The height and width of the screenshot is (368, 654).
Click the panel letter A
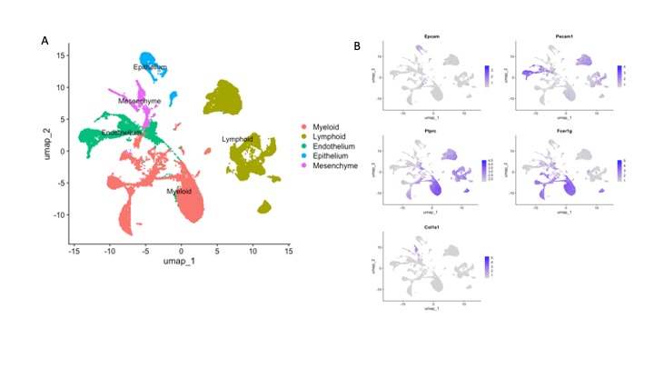tap(44, 41)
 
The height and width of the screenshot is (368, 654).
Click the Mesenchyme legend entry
tap(335, 166)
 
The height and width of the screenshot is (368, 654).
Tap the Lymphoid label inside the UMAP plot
tap(238, 139)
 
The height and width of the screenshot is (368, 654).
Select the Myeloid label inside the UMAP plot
tap(178, 192)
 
